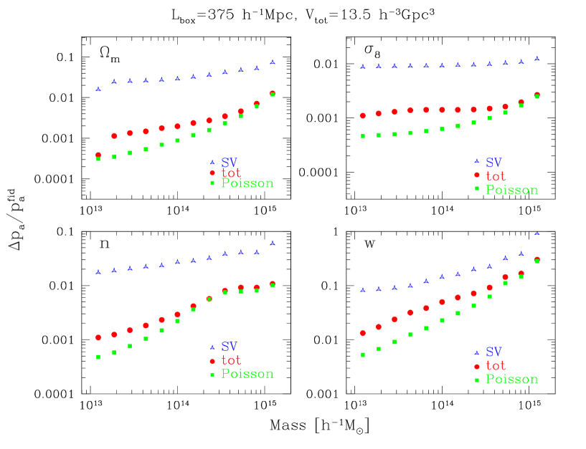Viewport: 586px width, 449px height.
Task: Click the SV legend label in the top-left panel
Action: tap(230, 163)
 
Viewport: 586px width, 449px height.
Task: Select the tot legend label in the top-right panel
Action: tap(496, 176)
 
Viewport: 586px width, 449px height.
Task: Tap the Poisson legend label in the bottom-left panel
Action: tap(247, 374)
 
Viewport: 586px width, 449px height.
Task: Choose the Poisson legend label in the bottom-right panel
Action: tap(511, 380)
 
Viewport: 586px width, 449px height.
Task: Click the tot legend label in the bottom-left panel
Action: tap(231, 360)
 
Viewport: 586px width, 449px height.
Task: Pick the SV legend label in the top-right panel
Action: tap(493, 163)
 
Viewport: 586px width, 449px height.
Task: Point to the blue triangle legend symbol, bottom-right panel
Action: tap(476, 352)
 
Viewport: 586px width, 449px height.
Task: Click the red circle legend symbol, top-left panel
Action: tap(212, 173)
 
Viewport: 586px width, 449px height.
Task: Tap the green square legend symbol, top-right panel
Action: tap(476, 188)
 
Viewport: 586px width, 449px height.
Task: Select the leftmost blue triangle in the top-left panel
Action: tap(98, 89)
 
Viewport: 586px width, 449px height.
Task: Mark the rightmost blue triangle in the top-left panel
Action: tap(273, 62)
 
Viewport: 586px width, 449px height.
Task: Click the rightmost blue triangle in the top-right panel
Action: tap(537, 59)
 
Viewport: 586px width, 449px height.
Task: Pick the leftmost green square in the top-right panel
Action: tap(363, 136)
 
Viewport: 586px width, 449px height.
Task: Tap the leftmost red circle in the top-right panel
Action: tap(363, 115)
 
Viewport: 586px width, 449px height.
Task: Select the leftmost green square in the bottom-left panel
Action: tap(98, 357)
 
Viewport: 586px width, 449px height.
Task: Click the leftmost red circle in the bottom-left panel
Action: tap(98, 337)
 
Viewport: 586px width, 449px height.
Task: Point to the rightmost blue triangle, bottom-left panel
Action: tap(273, 243)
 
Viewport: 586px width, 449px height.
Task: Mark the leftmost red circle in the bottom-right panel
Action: tap(363, 333)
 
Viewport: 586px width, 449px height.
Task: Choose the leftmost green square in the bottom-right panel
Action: tap(363, 354)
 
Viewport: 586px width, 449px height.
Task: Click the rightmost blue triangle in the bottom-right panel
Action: tap(537, 233)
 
